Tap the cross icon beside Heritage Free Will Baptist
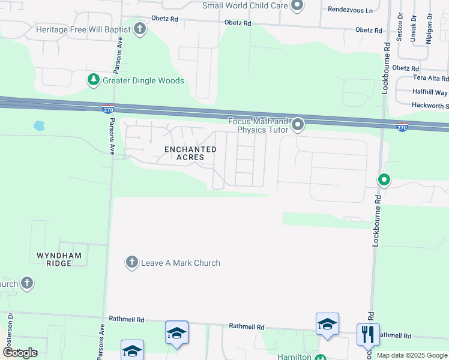[x=140, y=29]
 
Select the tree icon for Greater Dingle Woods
[x=93, y=80]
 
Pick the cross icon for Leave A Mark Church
[x=132, y=262]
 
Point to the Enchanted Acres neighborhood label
[x=190, y=153]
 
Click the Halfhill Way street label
[x=430, y=92]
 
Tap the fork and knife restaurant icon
[x=367, y=334]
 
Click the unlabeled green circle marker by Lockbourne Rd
[x=384, y=179]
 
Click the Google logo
[x=20, y=352]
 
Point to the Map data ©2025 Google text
[x=412, y=355]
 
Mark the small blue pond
[x=39, y=126]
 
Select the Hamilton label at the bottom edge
[x=294, y=357]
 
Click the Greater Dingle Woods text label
[x=143, y=80]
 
